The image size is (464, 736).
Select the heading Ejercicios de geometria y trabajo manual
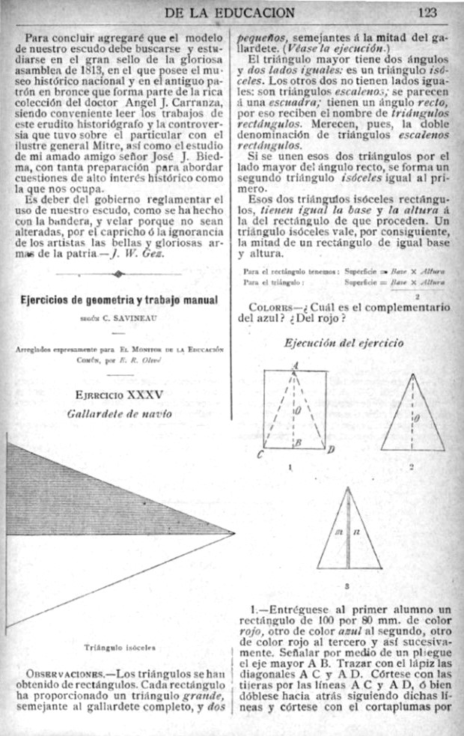(117, 300)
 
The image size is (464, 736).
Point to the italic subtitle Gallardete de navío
(118, 413)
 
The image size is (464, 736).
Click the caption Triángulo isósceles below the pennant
(120, 643)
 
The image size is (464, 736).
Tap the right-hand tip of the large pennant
(233, 534)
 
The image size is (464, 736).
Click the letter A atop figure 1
(295, 365)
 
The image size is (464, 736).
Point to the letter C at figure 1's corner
(260, 454)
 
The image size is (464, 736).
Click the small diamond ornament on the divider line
(117, 274)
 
